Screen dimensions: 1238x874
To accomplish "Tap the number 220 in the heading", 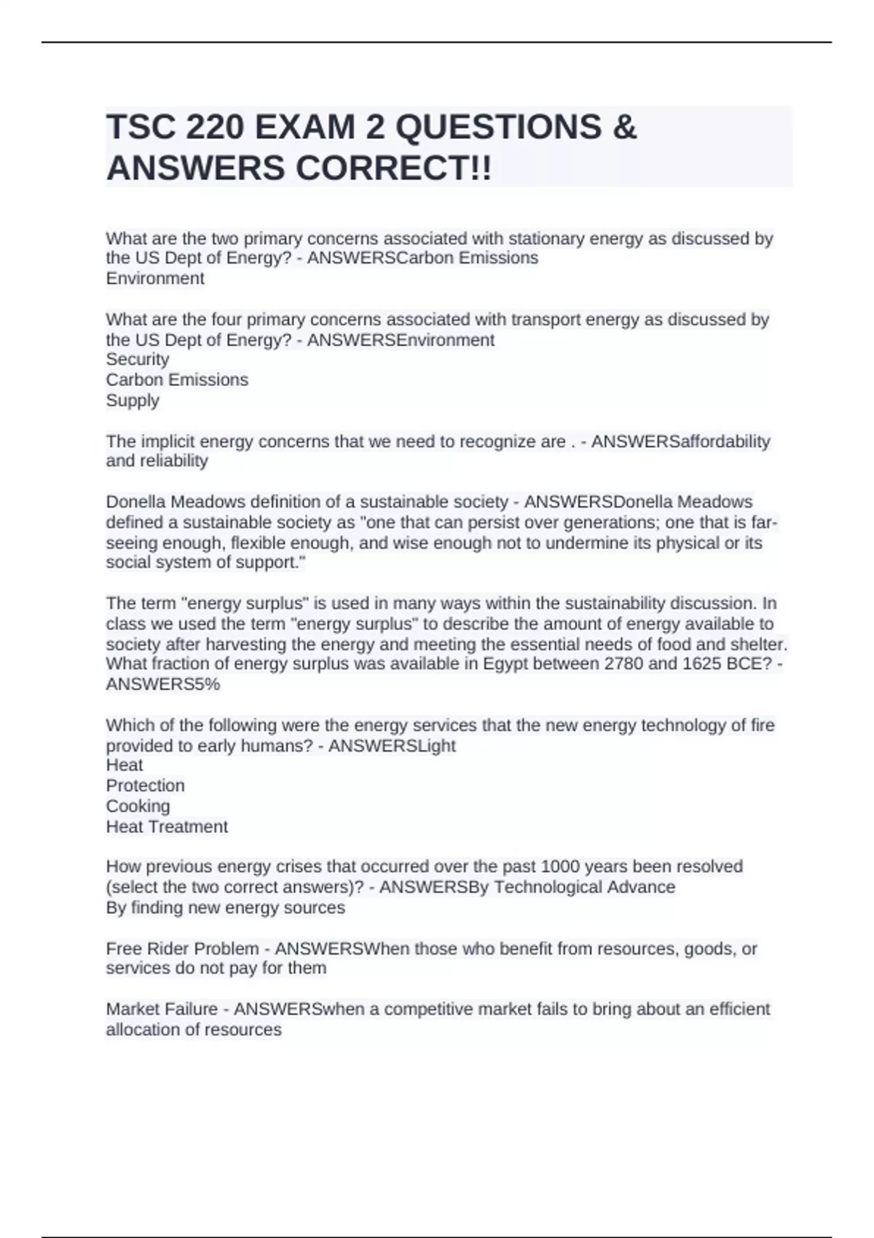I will click(x=214, y=127).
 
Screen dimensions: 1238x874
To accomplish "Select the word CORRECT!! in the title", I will click(x=393, y=169).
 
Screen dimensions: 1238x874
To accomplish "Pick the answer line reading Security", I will click(x=138, y=359).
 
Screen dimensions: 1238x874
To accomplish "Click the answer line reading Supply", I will click(x=133, y=401).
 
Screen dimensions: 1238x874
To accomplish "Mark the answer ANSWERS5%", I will click(x=163, y=685).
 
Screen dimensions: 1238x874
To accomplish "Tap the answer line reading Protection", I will click(x=146, y=786).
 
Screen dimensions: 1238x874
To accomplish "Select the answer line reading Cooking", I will click(x=138, y=806).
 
